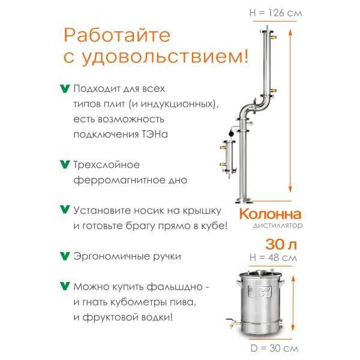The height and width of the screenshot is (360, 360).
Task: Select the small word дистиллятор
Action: (278, 226)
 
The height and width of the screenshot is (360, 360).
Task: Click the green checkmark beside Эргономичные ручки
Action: (65, 256)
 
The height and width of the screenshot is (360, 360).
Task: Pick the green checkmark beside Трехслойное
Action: (65, 164)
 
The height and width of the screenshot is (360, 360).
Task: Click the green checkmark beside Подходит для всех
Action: (65, 89)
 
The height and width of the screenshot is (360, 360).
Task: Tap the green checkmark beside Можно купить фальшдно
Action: (65, 286)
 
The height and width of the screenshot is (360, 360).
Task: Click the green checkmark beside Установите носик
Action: (65, 211)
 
